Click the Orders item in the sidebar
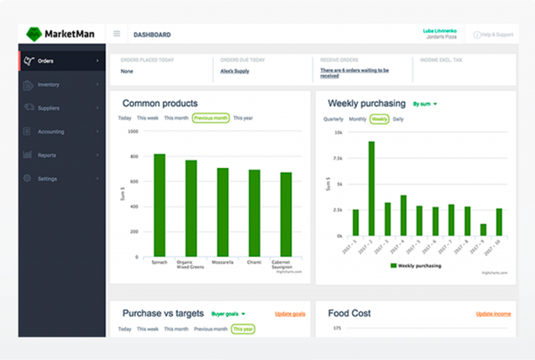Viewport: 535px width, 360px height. click(x=45, y=61)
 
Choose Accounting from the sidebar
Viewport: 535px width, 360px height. click(x=50, y=131)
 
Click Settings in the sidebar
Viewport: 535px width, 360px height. click(x=47, y=179)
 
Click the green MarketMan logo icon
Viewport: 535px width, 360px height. click(x=33, y=34)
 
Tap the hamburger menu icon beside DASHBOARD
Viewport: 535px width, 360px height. click(x=117, y=34)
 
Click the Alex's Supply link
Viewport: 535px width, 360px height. click(x=235, y=72)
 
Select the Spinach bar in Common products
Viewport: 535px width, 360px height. click(x=160, y=204)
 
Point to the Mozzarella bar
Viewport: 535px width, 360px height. click(x=223, y=212)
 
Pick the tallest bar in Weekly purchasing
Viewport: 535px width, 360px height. click(x=372, y=189)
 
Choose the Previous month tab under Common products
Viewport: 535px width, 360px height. click(x=211, y=118)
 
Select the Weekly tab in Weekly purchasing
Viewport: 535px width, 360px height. click(x=379, y=119)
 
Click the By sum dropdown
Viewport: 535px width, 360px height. click(x=425, y=104)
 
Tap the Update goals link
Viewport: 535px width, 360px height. click(x=291, y=314)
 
